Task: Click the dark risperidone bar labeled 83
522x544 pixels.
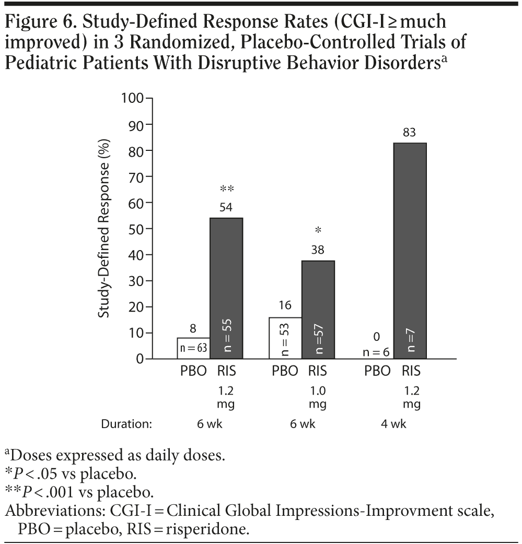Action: point(410,251)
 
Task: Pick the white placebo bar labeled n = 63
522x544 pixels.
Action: point(193,348)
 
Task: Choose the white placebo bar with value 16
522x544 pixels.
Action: point(285,338)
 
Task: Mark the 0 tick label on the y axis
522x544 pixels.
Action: point(140,359)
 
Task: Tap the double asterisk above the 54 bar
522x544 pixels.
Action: point(226,188)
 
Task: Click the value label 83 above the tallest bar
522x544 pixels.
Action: point(410,133)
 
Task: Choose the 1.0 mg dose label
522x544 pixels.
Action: point(314,397)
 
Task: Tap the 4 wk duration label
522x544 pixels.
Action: point(393,424)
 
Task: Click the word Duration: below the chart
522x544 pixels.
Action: point(126,424)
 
